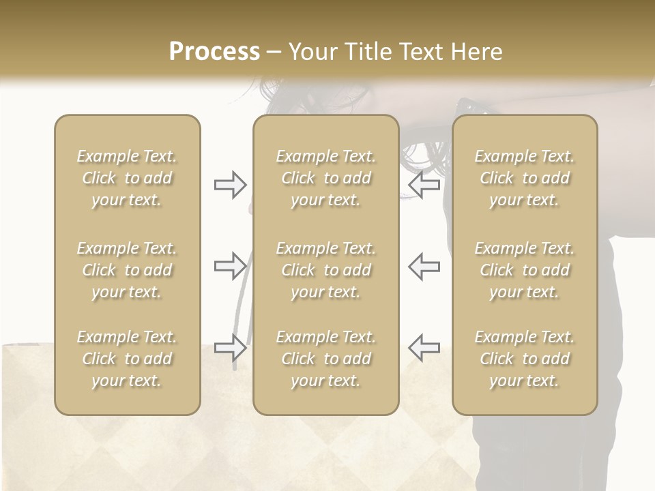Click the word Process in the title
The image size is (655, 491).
pos(214,52)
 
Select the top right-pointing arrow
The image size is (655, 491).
pos(230,185)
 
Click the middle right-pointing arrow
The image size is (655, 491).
pos(230,266)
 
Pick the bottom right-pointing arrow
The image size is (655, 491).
pos(230,347)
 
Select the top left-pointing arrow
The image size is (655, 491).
pos(424,185)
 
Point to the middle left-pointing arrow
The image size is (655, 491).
pos(424,266)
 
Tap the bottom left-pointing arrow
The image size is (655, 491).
pos(424,347)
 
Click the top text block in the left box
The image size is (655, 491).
pos(127,178)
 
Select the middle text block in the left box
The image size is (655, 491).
pos(127,270)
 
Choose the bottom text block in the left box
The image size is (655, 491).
pos(127,359)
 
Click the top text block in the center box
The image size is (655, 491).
pos(325,178)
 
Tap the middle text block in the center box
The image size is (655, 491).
pos(325,270)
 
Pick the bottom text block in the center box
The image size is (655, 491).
pos(325,359)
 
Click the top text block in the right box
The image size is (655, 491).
pos(524,178)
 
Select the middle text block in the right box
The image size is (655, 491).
pos(524,270)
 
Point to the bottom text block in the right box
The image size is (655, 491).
pos(524,359)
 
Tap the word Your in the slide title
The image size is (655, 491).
pos(311,52)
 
